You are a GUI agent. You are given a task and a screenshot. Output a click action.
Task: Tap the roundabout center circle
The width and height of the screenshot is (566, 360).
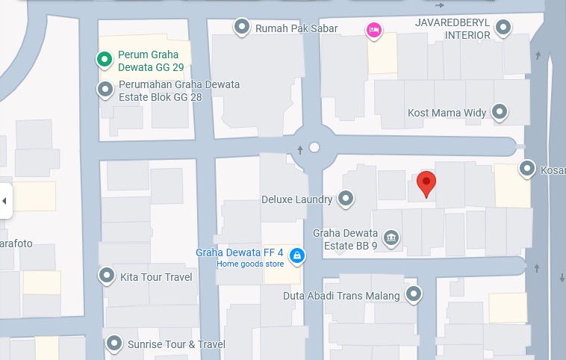(x=314, y=148)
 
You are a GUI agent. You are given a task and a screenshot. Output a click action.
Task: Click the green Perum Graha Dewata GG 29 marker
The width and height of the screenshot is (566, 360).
(x=105, y=59)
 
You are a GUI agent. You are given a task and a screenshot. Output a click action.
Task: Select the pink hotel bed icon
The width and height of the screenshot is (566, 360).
(x=374, y=30)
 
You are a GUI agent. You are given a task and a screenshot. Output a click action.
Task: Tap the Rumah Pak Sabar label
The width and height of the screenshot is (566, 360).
(x=296, y=28)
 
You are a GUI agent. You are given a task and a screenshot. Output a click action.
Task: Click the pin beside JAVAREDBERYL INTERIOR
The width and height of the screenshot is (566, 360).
(x=503, y=28)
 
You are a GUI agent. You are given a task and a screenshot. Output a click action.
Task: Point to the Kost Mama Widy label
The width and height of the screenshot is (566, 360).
(x=447, y=113)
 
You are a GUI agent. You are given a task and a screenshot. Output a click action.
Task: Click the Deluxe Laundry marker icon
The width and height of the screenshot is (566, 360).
(x=346, y=199)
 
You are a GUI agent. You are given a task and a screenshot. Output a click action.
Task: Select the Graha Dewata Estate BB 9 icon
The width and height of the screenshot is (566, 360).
(x=391, y=238)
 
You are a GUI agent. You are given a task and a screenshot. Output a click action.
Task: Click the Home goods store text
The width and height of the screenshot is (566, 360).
(x=250, y=264)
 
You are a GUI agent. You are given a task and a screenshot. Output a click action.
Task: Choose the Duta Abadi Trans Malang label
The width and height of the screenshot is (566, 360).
(x=341, y=295)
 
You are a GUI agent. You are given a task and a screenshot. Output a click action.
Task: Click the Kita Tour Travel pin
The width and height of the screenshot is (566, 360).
(x=107, y=276)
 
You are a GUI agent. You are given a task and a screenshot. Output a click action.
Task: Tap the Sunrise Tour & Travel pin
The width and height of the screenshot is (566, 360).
(x=114, y=344)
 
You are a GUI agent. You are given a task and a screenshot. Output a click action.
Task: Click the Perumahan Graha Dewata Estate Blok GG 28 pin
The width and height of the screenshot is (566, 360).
(x=105, y=90)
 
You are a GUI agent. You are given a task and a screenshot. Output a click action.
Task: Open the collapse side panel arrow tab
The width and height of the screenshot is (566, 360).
(x=5, y=201)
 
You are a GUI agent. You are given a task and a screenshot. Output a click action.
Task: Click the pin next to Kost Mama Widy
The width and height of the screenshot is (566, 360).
(x=500, y=113)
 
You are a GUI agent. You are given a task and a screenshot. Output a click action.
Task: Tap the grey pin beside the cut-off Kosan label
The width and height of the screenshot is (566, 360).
(x=527, y=169)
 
